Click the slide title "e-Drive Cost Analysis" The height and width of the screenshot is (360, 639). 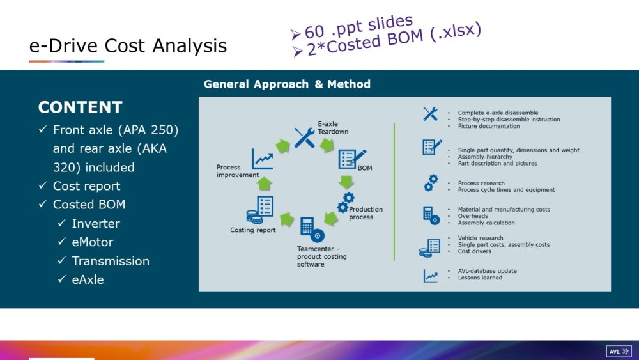pos(128,45)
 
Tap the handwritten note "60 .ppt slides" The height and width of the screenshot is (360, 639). pos(359,27)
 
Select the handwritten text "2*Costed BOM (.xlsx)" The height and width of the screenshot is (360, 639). pos(394,39)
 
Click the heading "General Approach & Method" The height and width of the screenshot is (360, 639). pos(287,84)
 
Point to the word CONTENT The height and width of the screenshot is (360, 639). pos(81,107)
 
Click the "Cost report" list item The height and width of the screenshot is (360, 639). pos(86,186)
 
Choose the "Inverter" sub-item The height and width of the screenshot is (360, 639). pos(96,223)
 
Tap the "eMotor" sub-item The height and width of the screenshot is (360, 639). pos(93,242)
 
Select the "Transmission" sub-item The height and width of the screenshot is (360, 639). pos(111,261)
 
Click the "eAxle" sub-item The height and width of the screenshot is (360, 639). pos(88,279)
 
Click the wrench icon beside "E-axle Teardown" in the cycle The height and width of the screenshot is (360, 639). pos(304,137)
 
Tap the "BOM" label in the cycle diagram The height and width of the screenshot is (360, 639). pos(365,168)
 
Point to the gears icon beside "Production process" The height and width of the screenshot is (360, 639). pos(346,202)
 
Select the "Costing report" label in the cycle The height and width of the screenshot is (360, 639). pos(252,230)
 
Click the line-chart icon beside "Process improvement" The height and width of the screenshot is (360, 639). pos(263,159)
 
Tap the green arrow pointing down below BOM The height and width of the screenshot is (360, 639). pos(346,182)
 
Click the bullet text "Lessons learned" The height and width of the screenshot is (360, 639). pos(480,278)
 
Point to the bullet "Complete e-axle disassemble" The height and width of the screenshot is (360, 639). pos(498,113)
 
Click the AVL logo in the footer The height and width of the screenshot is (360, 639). pos(619,352)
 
